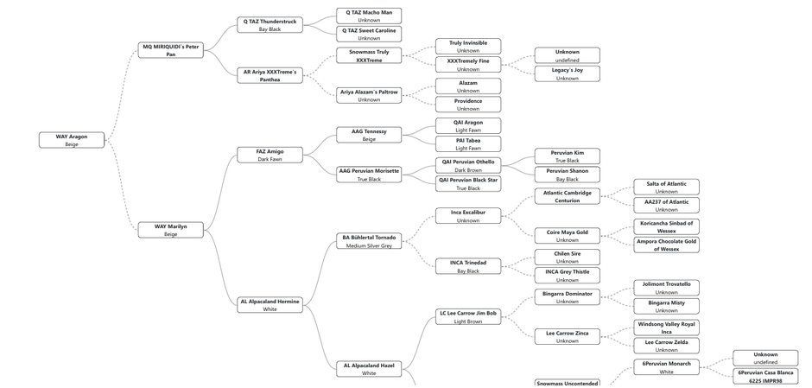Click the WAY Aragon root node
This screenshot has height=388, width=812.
pyautogui.click(x=72, y=140)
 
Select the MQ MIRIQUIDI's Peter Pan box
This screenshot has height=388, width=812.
pyautogui.click(x=171, y=50)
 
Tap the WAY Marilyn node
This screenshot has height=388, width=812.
pyautogui.click(x=171, y=230)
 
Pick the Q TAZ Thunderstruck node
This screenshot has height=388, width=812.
pyautogui.click(x=270, y=25)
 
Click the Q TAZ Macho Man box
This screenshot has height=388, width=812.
pyautogui.click(x=369, y=16)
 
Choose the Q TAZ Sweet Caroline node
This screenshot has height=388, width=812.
pyautogui.click(x=369, y=34)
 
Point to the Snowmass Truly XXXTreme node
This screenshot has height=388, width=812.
pyautogui.click(x=369, y=56)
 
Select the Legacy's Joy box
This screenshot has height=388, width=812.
pyautogui.click(x=567, y=74)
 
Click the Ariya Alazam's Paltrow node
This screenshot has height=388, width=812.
pyautogui.click(x=369, y=95)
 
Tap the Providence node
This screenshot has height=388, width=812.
pyautogui.click(x=468, y=105)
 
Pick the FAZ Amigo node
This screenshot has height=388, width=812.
pyautogui.click(x=270, y=155)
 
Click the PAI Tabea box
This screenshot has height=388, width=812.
pyautogui.click(x=468, y=143)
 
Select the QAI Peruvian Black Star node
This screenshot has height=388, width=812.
pyautogui.click(x=468, y=183)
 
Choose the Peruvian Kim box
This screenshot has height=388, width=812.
pyautogui.click(x=567, y=156)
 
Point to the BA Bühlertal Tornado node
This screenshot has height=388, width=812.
pyautogui.click(x=369, y=241)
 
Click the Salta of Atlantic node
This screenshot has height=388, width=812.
pyautogui.click(x=666, y=187)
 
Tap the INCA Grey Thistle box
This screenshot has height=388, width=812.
pyautogui.click(x=567, y=276)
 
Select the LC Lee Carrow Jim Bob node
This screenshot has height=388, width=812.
pyautogui.click(x=468, y=316)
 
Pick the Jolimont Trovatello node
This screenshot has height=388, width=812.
pyautogui.click(x=666, y=288)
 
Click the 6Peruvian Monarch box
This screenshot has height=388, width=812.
pyautogui.click(x=666, y=367)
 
